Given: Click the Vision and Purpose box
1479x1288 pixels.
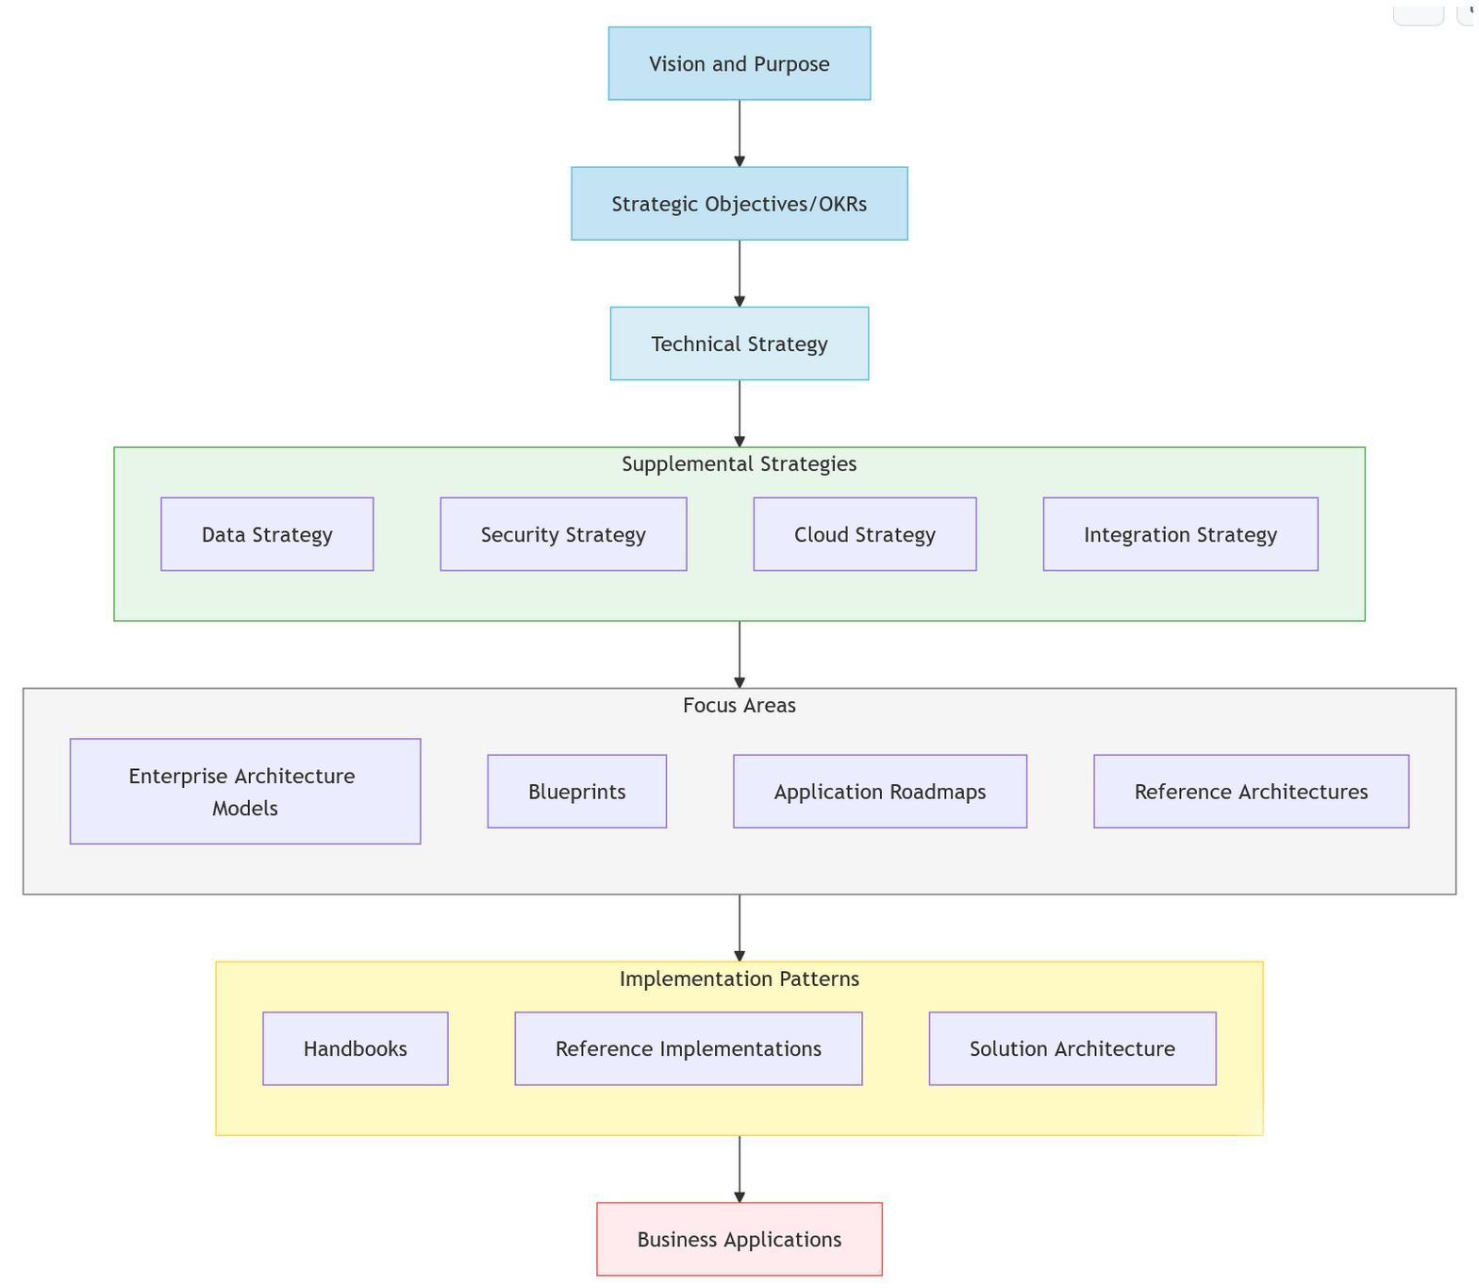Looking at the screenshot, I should point(739,63).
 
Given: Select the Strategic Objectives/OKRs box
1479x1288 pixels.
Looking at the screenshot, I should point(739,204).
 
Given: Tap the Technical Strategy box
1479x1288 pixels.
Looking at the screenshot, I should point(739,343).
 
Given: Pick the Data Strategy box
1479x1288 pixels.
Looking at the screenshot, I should point(267,534).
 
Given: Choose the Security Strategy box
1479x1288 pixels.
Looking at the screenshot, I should point(563,534).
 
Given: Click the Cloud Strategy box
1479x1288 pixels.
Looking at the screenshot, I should point(864,534).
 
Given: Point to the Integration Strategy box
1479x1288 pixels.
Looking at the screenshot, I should point(1180,534).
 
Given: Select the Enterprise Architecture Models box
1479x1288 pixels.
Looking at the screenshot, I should point(245,791).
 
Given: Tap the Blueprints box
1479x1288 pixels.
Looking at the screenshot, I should point(576,791).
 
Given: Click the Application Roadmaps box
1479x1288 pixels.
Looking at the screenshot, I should point(879,791).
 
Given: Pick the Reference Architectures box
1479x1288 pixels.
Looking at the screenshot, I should point(1251,791).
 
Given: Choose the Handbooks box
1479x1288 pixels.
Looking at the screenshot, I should point(355,1048).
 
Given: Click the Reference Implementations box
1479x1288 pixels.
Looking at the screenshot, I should point(688,1048).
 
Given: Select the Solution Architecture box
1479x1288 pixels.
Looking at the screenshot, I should point(1072,1048).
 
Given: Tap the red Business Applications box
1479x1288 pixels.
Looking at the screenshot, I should point(739,1239).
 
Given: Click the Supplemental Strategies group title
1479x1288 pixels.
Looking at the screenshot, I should point(739,463).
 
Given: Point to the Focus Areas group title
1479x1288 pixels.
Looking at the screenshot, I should point(739,705).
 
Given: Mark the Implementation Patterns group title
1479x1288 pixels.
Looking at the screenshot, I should point(739,979).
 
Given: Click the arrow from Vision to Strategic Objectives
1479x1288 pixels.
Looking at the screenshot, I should point(739,133).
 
